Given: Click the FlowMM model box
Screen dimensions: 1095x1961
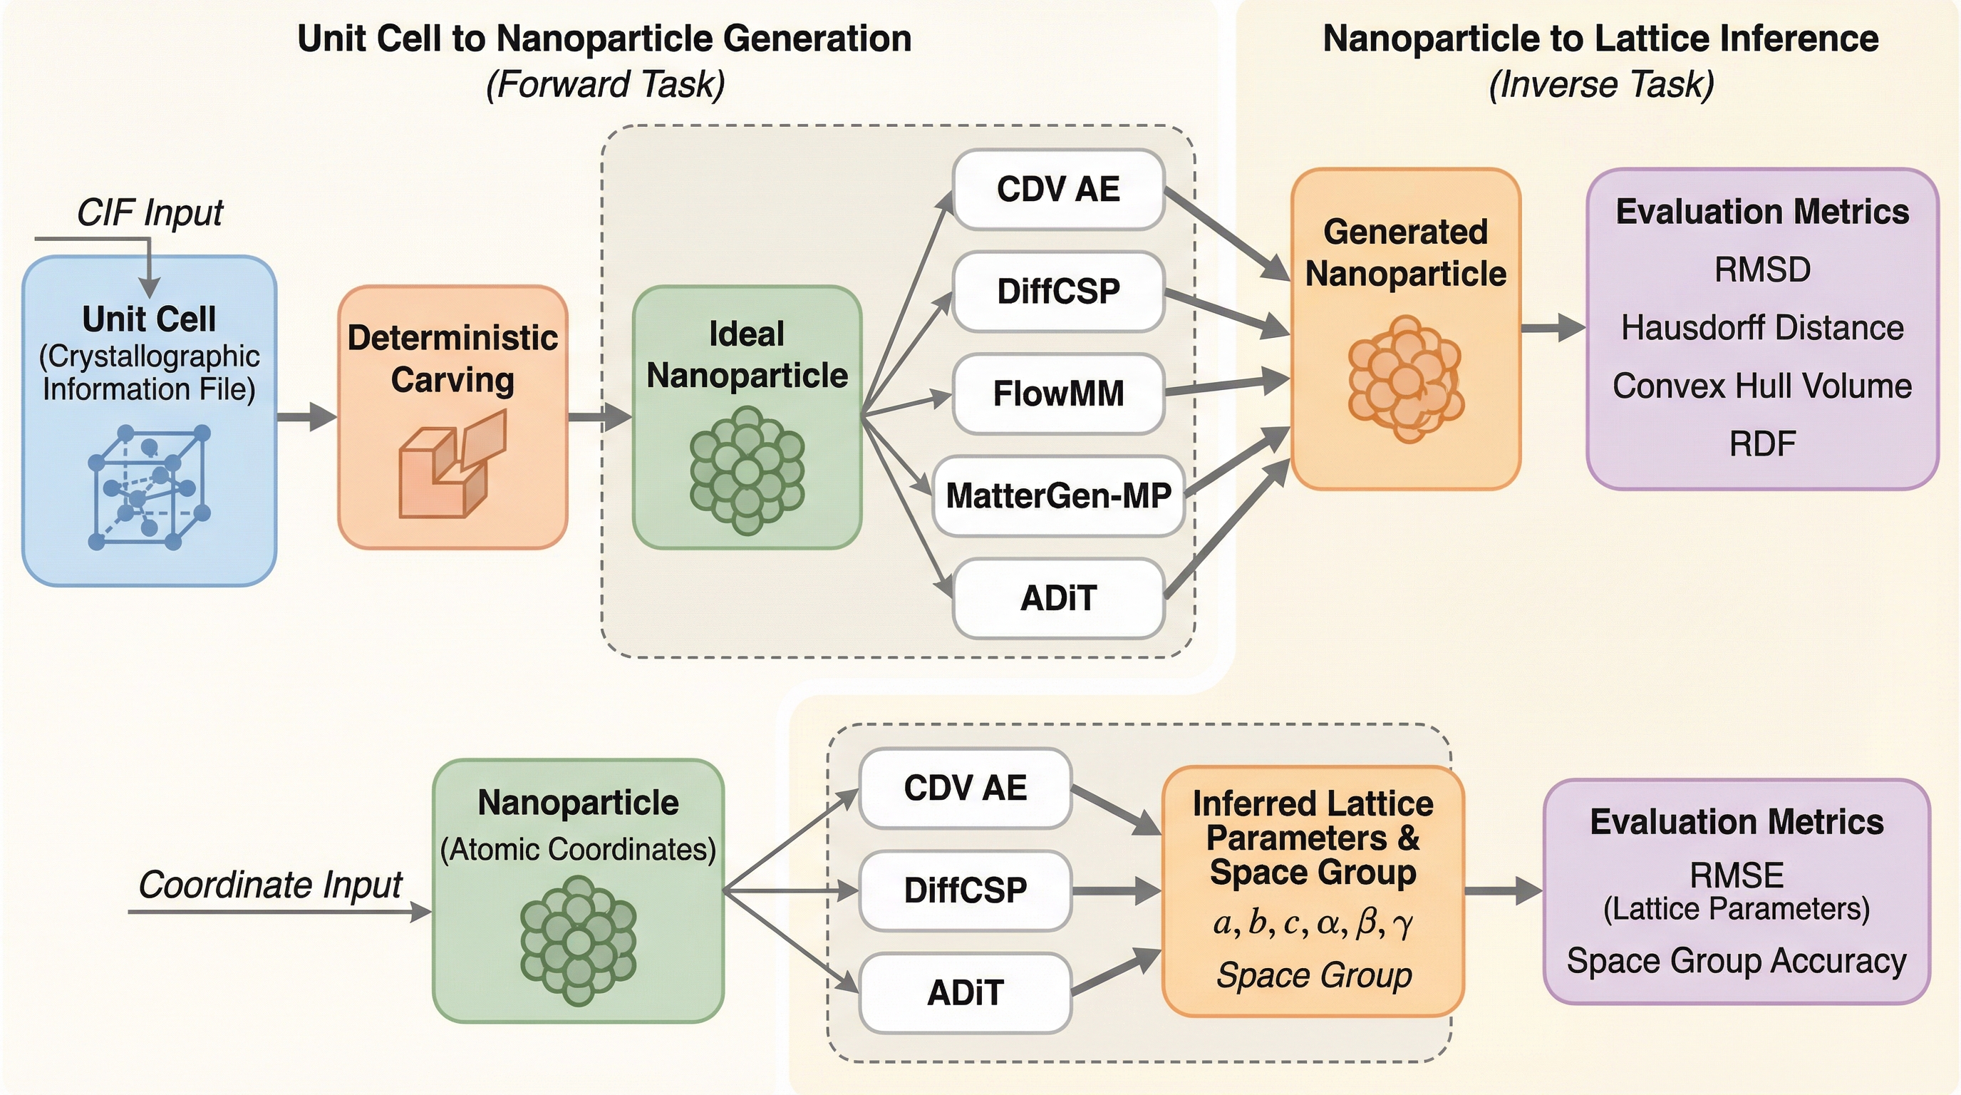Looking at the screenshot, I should (1058, 394).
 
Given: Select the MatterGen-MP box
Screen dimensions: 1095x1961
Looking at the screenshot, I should (1058, 495).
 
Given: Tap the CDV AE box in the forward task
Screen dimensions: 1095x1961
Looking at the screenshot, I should (1058, 189).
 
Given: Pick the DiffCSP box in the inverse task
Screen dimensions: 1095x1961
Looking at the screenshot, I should (966, 890).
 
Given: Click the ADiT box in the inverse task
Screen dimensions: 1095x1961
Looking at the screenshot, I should (966, 992).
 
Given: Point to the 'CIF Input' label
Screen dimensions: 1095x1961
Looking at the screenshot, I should (150, 212).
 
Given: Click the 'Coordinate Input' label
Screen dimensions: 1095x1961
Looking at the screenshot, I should (270, 885).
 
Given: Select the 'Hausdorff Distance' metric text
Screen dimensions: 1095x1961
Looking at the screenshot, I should (1762, 328).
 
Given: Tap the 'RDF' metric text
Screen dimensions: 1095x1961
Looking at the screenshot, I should (1762, 444).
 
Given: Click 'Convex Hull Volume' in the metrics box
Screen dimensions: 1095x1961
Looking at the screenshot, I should (1762, 386).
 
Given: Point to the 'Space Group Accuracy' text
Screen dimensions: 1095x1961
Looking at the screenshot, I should (1737, 961).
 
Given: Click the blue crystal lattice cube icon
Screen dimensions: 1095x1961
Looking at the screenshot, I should (149, 488).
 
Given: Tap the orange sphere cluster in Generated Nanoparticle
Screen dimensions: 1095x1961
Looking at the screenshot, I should (1405, 379).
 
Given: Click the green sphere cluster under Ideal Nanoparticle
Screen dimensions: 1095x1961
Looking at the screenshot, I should (747, 470).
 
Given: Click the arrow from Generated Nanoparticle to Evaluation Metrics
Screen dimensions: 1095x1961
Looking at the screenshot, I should (1553, 328).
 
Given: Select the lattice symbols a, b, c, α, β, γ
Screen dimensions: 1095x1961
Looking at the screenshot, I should (1313, 923).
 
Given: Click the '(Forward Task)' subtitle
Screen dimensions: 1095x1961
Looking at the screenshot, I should (605, 85).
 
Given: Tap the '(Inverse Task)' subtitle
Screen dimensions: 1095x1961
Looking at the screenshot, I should (1601, 85).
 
